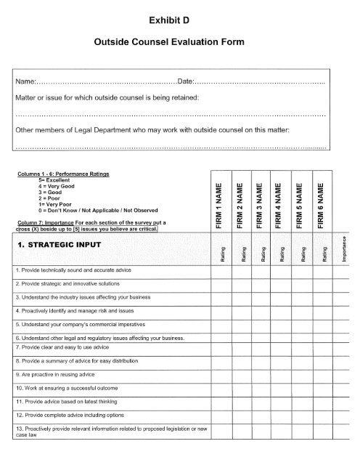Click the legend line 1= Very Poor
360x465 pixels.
(54, 203)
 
